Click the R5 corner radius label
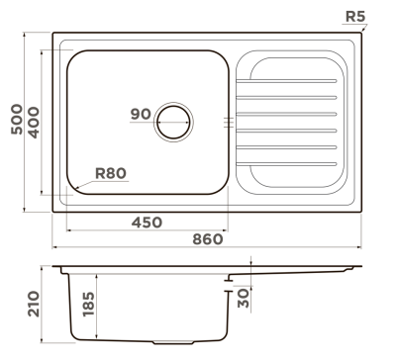[355, 17]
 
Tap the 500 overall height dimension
[17, 119]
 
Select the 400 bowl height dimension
[34, 123]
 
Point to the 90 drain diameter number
[141, 114]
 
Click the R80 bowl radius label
[111, 173]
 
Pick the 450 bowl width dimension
[147, 223]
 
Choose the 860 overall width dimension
[208, 239]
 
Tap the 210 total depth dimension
[34, 304]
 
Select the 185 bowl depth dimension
[88, 304]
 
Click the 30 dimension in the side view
[244, 298]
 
